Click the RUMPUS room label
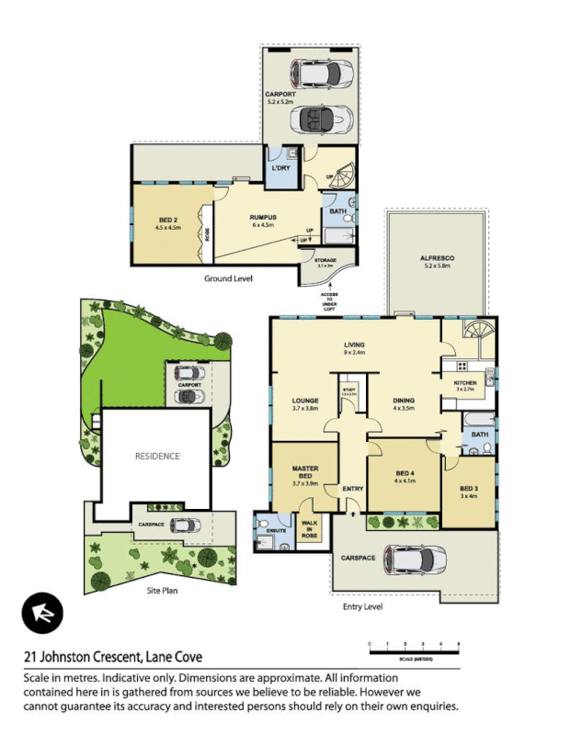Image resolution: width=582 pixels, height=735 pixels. point(263,218)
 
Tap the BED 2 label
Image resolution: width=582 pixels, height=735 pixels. point(168,220)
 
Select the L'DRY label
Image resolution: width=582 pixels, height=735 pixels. point(280,169)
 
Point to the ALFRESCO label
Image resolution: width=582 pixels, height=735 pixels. point(437,259)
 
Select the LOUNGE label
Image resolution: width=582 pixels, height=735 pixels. point(304,401)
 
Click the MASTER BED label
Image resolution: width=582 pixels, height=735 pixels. point(304,470)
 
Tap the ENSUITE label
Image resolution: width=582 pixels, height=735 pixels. point(273,531)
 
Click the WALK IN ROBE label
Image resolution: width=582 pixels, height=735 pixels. point(310,527)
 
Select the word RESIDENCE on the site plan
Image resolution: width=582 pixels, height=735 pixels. point(157,457)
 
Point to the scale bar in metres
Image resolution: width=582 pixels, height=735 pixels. point(413,650)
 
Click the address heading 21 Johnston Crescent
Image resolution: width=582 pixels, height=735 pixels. point(112,657)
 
